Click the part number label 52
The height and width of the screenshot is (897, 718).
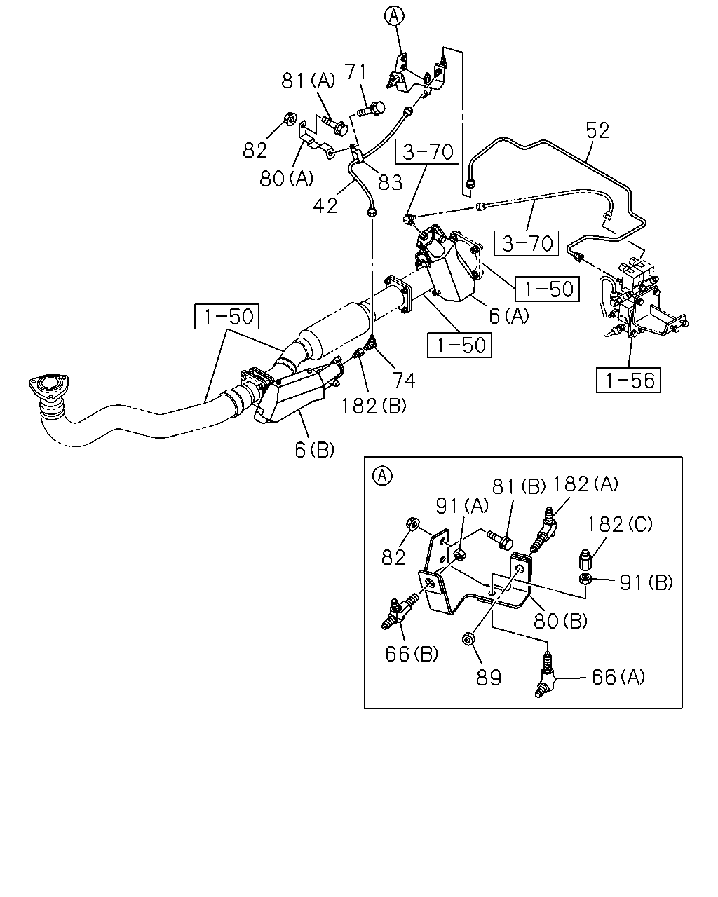597,130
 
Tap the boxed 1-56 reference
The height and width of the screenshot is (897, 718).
628,380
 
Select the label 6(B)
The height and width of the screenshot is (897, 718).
315,450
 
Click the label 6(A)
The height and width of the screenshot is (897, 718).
509,316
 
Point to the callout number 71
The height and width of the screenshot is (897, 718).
355,71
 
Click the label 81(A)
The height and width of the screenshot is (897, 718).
308,81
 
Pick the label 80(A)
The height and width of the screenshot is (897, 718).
286,179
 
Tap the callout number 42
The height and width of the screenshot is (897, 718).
325,205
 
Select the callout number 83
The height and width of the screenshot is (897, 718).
390,182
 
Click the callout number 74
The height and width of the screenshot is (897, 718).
404,380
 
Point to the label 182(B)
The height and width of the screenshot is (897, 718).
374,406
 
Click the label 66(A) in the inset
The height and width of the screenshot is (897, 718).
618,677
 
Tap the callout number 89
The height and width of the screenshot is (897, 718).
489,678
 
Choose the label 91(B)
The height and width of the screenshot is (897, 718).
646,582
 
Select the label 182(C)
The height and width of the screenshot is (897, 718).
620,524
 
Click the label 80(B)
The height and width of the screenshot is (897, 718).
560,621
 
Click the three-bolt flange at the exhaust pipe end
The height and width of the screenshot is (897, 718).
48,385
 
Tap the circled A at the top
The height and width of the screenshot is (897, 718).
394,16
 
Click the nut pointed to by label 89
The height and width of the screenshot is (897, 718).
468,638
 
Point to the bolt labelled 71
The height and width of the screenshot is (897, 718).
371,109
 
